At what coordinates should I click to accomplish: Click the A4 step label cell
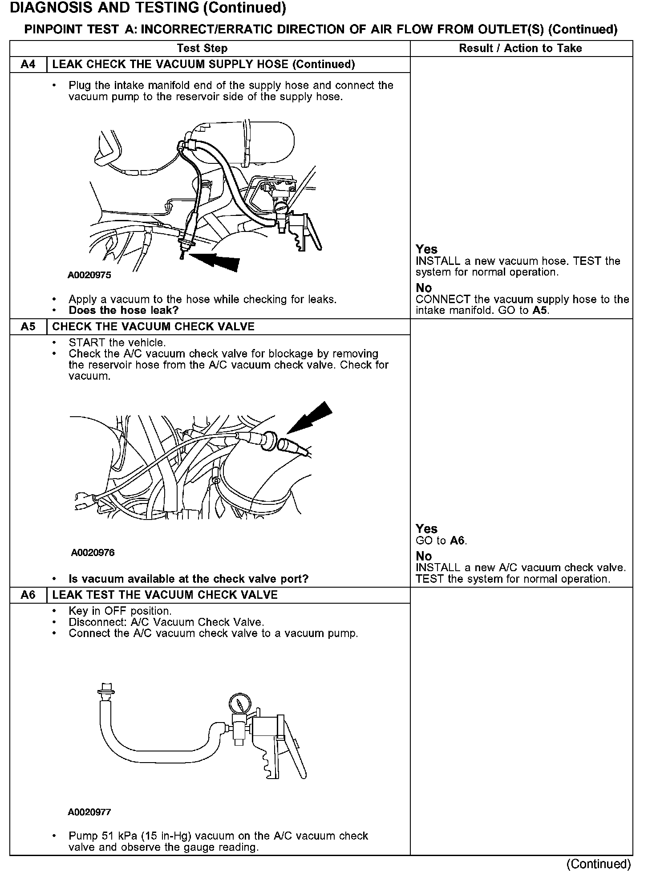[28, 65]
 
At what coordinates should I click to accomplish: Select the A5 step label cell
[28, 327]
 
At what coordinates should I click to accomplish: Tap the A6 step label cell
[28, 595]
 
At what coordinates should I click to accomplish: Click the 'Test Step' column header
[202, 49]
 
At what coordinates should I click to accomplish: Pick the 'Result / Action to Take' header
[520, 49]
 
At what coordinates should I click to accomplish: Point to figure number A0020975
[89, 275]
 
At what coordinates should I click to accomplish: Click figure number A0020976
[93, 552]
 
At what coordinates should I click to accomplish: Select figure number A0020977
[89, 812]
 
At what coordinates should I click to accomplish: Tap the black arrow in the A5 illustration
[312, 417]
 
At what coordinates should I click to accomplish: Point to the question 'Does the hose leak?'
[123, 310]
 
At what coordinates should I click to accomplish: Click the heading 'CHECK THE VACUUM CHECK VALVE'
[153, 327]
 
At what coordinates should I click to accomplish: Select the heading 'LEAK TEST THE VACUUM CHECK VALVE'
[165, 595]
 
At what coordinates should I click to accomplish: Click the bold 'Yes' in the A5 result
[426, 529]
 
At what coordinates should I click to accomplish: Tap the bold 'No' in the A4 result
[424, 288]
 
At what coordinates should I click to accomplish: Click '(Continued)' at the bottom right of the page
[599, 864]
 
